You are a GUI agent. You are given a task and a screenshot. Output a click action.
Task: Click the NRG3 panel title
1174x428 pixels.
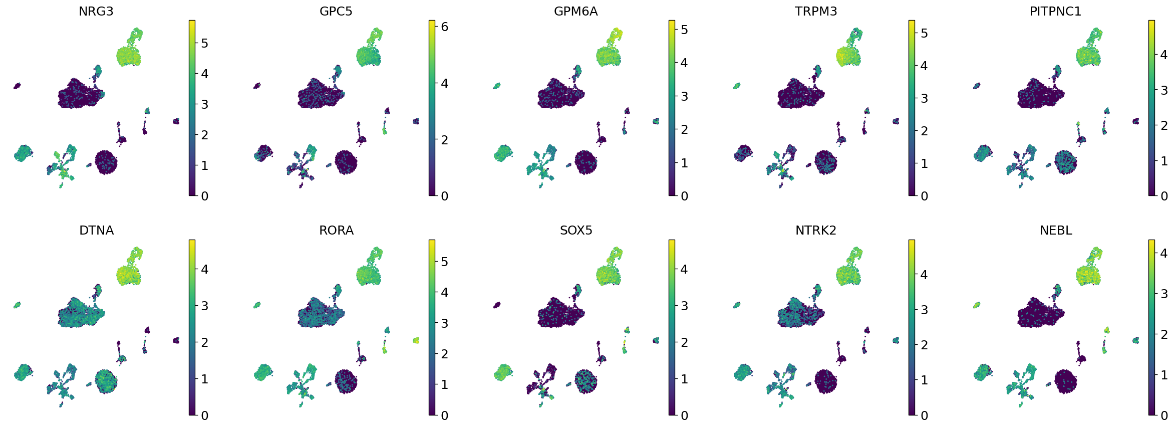(x=96, y=12)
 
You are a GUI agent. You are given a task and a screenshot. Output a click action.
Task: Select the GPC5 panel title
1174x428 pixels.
(x=336, y=12)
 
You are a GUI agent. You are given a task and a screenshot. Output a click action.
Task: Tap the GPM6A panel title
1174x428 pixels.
(x=575, y=12)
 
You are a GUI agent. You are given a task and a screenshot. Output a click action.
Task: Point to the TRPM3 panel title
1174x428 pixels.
(x=815, y=12)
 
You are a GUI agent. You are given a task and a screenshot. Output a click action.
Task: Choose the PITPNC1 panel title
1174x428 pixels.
(x=1055, y=12)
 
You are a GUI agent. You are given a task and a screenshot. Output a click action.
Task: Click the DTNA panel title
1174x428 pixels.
(x=96, y=231)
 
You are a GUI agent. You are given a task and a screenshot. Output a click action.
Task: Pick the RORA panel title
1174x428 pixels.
(x=336, y=231)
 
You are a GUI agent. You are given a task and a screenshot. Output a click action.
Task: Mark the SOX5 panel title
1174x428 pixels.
(x=576, y=231)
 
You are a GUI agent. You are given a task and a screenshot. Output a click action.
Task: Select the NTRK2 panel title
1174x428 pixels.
(x=815, y=231)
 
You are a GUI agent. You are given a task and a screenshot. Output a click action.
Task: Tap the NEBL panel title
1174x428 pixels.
(x=1056, y=231)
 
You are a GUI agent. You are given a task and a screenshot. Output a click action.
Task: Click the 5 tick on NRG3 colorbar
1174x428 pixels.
(x=204, y=44)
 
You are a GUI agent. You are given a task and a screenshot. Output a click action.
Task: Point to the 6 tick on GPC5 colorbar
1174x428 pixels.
(x=444, y=27)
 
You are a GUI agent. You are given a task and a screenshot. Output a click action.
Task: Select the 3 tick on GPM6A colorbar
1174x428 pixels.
(x=684, y=96)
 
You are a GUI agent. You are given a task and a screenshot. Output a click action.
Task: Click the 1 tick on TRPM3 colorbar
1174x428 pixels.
(x=924, y=163)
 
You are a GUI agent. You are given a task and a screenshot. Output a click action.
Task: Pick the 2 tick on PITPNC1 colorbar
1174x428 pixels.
(x=1164, y=125)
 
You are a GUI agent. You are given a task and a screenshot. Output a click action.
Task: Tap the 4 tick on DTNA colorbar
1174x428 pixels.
(x=204, y=270)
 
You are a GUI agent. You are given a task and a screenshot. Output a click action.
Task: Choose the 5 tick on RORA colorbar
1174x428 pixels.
(x=444, y=262)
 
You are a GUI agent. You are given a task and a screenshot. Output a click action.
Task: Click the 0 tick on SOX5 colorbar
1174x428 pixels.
(x=684, y=415)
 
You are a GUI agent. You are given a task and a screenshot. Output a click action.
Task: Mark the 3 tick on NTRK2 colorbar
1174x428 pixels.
(x=924, y=310)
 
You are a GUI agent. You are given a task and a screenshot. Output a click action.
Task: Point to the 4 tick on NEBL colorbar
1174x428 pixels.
(x=1164, y=253)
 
